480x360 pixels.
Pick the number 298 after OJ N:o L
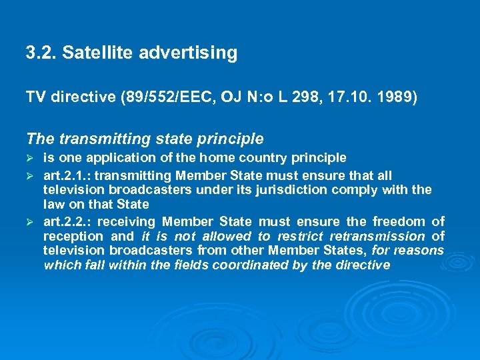pos(304,98)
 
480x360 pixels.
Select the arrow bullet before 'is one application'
pos(30,159)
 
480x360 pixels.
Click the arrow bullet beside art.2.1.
pos(30,175)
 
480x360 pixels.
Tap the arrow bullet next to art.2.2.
pos(30,221)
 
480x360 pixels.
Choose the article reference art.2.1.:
pos(71,175)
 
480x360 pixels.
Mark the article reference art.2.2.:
pos(71,221)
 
